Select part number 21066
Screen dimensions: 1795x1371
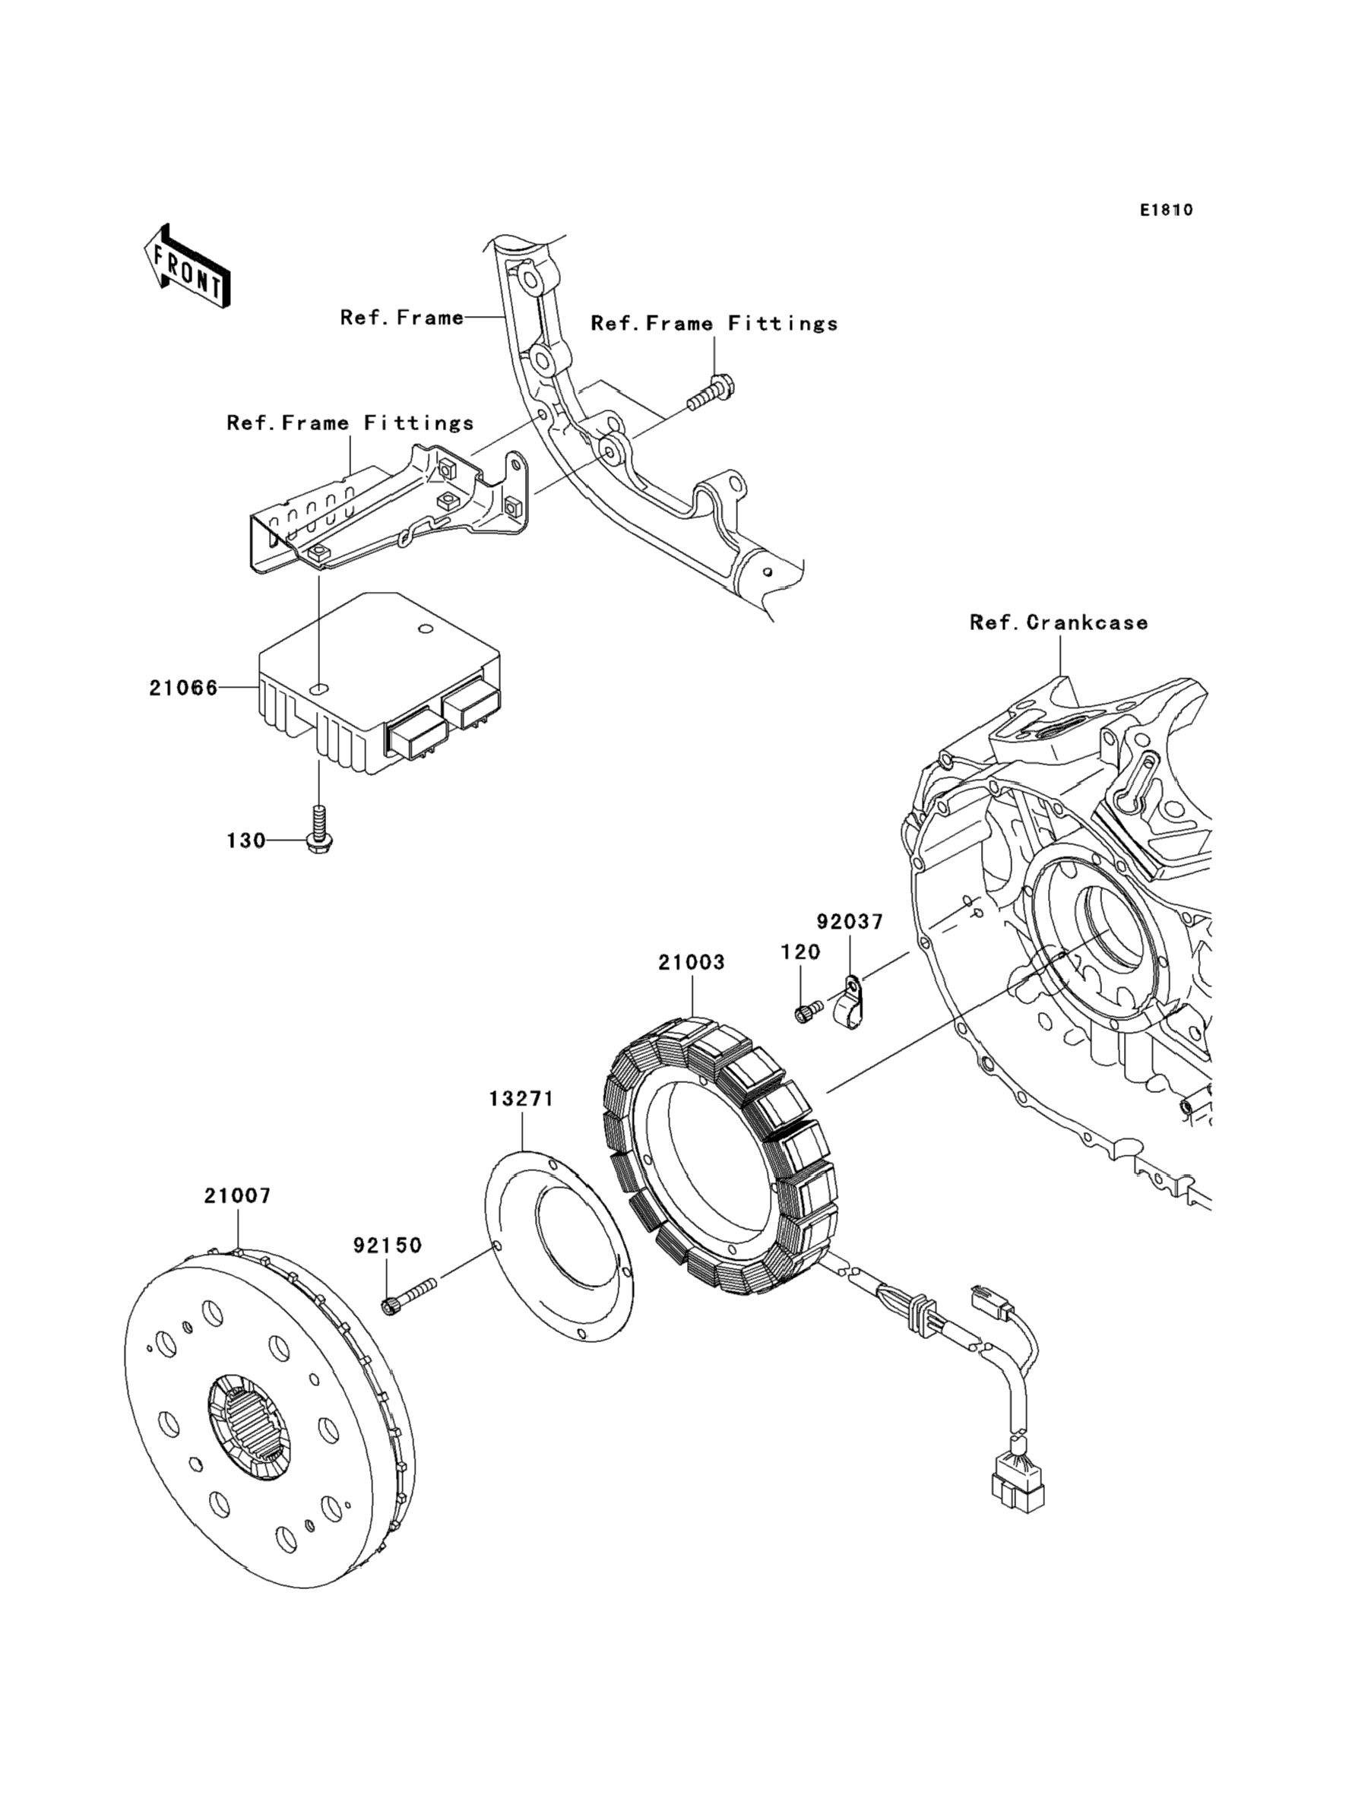(x=184, y=688)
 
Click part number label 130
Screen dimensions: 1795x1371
(x=245, y=841)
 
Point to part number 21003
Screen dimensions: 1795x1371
(x=692, y=963)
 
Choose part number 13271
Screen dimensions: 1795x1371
(x=521, y=1099)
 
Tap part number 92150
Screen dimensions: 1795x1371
(x=388, y=1245)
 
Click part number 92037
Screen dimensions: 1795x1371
(x=850, y=922)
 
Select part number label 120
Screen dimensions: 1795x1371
(x=800, y=952)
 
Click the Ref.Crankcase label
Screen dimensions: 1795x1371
(x=1059, y=622)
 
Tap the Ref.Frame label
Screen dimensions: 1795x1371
(x=401, y=318)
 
